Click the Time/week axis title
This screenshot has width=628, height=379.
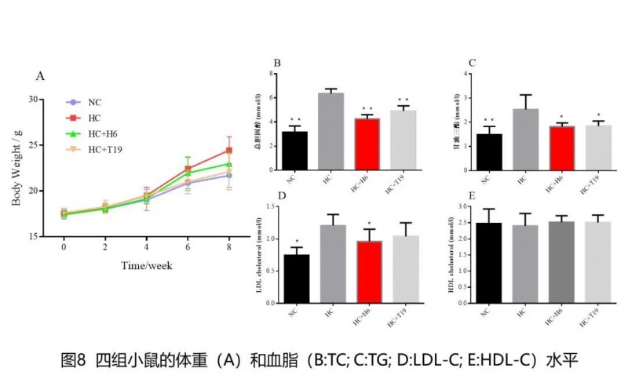click(x=147, y=265)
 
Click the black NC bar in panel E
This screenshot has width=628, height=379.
click(x=489, y=263)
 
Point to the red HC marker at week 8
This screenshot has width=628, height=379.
click(x=229, y=150)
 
